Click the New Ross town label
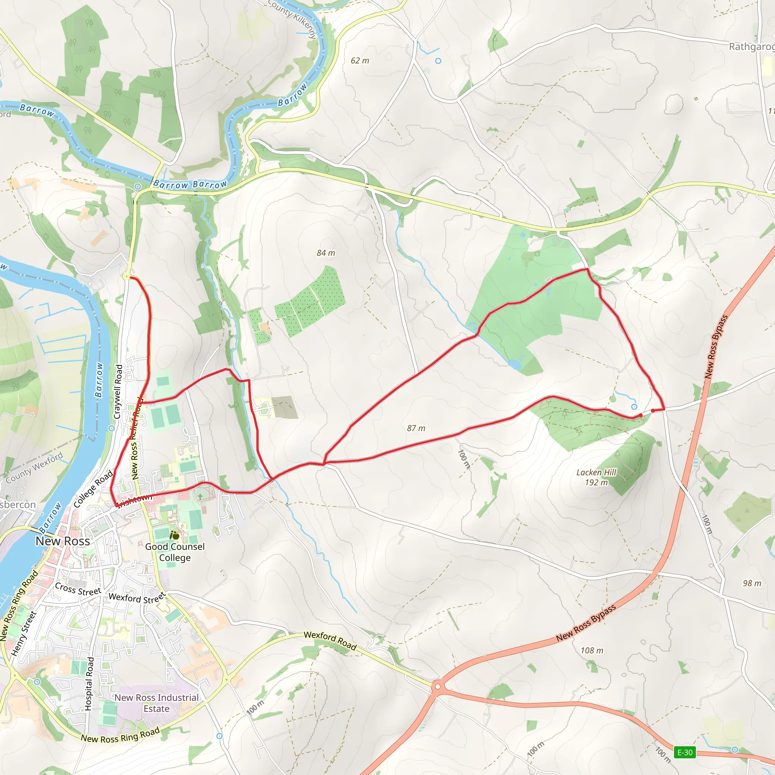click(63, 541)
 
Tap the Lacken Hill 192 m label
click(596, 477)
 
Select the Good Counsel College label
click(175, 552)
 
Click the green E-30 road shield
click(685, 753)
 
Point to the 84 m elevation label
click(326, 253)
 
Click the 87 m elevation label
click(416, 428)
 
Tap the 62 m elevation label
click(360, 61)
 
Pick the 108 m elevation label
click(592, 651)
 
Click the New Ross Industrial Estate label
click(156, 703)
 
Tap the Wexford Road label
click(330, 641)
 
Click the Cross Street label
click(78, 589)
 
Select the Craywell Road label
click(118, 392)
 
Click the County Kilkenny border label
click(293, 18)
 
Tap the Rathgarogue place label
click(751, 47)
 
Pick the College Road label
click(93, 489)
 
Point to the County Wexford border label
click(34, 468)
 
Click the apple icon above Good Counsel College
click(174, 535)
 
